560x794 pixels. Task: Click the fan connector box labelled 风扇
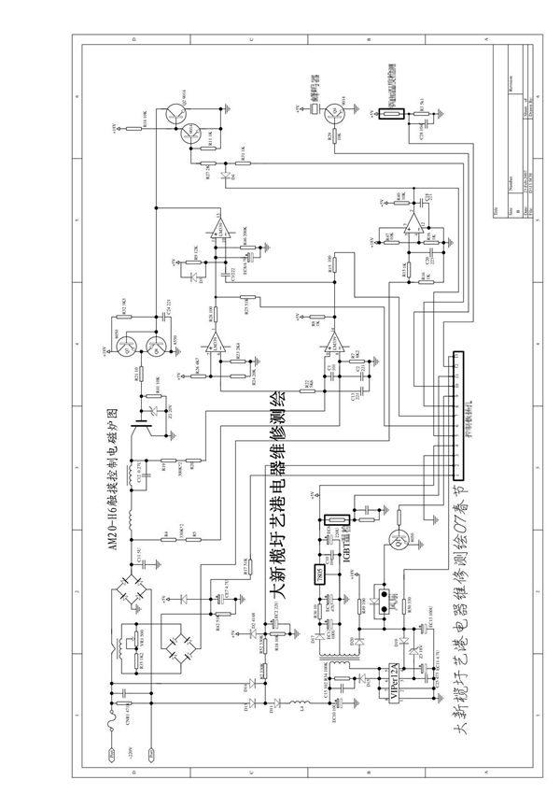coord(380,595)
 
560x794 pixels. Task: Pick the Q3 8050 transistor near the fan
coord(393,540)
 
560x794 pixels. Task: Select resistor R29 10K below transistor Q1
coord(332,136)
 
